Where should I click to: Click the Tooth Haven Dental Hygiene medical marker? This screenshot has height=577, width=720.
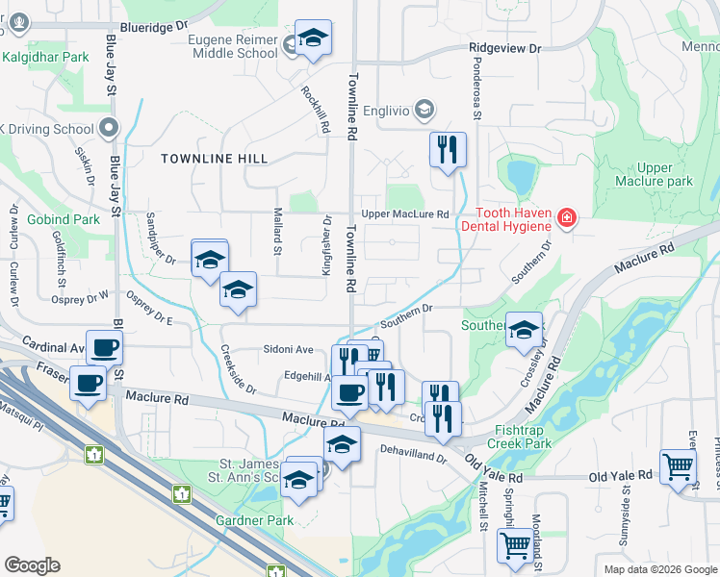click(566, 218)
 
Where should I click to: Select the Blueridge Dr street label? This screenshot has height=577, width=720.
click(152, 29)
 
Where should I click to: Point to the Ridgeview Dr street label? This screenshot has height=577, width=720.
click(505, 47)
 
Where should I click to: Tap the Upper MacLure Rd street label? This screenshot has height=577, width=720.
click(405, 213)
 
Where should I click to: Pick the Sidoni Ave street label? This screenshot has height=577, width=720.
click(290, 349)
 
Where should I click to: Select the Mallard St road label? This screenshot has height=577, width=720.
click(277, 236)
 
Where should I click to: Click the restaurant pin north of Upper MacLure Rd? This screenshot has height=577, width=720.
click(447, 150)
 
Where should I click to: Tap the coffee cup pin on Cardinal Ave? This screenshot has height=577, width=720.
click(104, 348)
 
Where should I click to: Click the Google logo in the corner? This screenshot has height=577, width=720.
click(32, 565)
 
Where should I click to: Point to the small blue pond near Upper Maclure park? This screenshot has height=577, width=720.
click(520, 176)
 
